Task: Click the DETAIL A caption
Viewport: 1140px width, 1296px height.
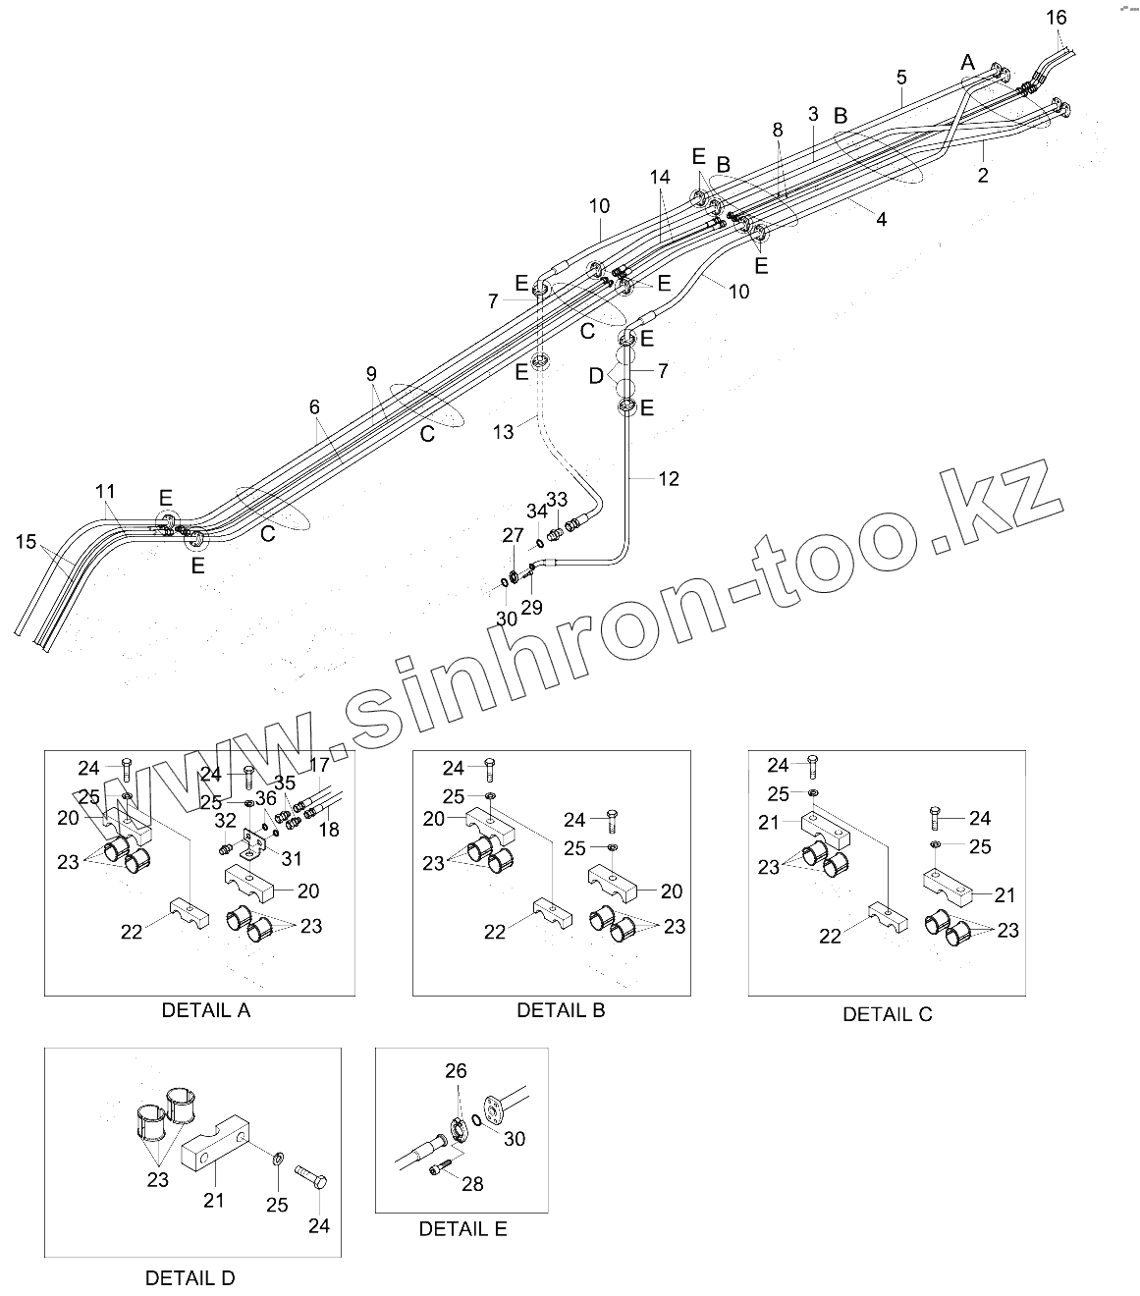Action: (x=206, y=1010)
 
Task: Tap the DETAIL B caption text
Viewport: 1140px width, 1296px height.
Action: (x=561, y=1010)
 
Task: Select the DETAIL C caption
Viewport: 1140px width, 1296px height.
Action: (x=887, y=1015)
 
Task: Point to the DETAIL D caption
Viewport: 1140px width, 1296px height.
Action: (x=190, y=1278)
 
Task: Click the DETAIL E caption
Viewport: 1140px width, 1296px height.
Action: (x=462, y=1228)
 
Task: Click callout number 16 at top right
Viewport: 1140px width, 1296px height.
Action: (x=1056, y=18)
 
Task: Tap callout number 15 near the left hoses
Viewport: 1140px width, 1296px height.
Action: (x=27, y=541)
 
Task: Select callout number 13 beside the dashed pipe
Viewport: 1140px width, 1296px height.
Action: (x=504, y=432)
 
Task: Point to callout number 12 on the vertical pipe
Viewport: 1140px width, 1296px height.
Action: (x=669, y=479)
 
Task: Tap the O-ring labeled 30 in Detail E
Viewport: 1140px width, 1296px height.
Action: (x=476, y=1121)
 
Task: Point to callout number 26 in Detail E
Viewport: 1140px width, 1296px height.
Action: (x=456, y=1071)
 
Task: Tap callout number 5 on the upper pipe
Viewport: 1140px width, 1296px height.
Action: (x=901, y=77)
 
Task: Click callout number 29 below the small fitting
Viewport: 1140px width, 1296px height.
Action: (x=531, y=608)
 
